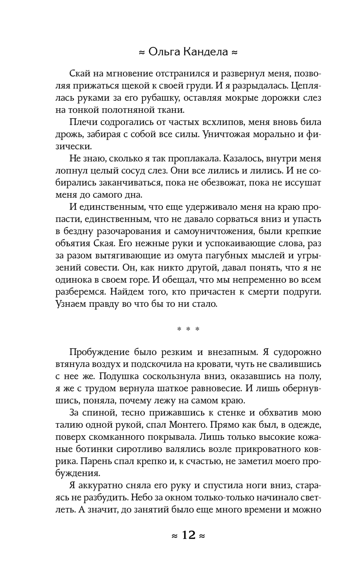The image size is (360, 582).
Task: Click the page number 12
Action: click(188, 535)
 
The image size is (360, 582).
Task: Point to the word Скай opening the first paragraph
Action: click(79, 73)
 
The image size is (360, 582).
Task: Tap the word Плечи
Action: click(82, 122)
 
